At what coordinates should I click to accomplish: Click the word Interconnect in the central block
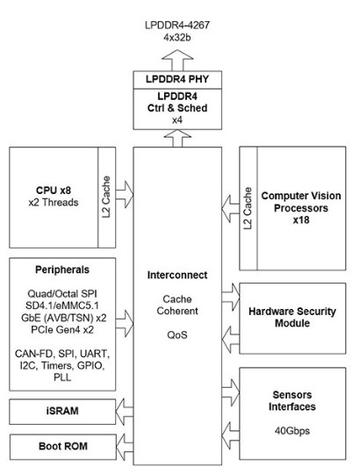coord(178,276)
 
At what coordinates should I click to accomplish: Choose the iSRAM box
coord(61,410)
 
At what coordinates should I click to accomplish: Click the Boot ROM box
coord(61,447)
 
